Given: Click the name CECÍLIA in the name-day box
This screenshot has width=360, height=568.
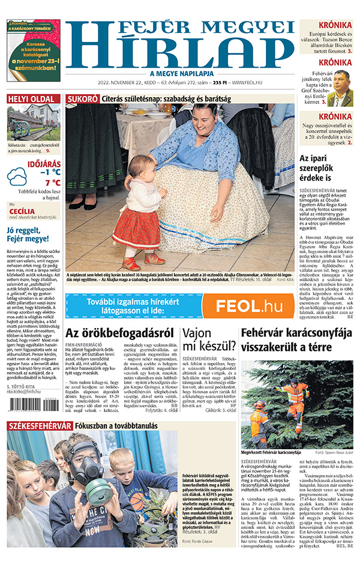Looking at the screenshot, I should (x=22, y=211).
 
